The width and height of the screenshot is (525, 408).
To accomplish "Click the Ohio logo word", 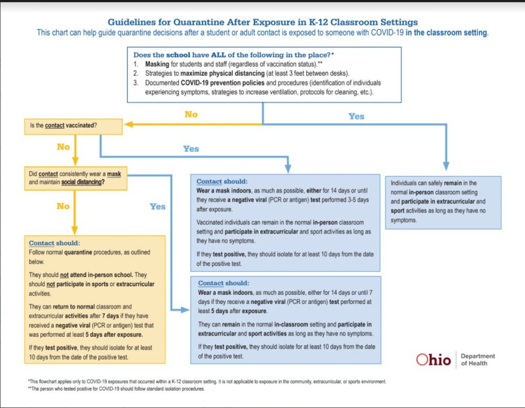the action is pos(433,360).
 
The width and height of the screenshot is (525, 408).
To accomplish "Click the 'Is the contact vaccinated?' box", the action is pos(73,127).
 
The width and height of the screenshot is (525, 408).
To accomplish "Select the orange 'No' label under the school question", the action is pos(191,114).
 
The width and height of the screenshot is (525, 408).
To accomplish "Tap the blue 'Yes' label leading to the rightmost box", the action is pos(356,116).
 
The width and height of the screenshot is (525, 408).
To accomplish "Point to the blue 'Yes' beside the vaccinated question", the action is pos(191,149).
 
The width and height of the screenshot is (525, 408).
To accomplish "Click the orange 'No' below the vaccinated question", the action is pos(63,147).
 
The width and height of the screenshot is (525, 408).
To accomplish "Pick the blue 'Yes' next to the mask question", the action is pos(157,207).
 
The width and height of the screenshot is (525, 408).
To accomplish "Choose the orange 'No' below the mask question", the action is pos(63,206).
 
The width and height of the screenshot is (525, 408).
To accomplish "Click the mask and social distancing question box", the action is pos(76,178).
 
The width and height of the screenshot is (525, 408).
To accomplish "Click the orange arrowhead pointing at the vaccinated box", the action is pos(129,124).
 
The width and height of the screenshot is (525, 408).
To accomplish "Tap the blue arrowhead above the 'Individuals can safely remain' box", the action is pos(446,166).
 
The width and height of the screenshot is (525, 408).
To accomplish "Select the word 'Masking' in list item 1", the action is pos(157,64).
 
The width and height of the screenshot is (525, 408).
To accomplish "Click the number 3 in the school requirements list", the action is pos(135,83).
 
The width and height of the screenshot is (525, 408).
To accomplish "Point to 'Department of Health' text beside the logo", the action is pos(478,360).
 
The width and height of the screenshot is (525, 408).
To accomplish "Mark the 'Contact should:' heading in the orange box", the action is pos(54,243).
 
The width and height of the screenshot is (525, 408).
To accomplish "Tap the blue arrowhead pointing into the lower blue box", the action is pos(186,310).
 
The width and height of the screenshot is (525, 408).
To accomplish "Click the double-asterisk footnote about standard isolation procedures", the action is pos(116,389).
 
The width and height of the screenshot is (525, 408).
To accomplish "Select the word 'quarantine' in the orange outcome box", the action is pos(78,252).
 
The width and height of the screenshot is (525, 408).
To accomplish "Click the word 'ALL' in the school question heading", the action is pos(218,55).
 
